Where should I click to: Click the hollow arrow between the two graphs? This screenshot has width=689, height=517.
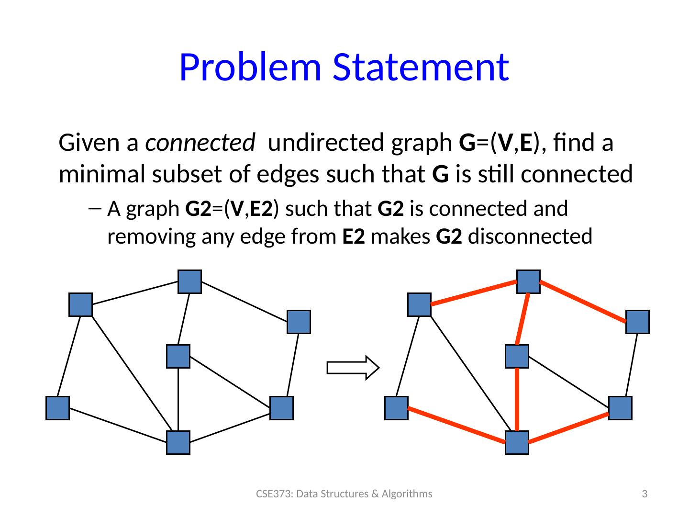point(353,368)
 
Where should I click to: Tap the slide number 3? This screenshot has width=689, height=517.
point(645,494)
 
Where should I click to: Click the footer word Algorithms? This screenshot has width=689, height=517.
point(411,494)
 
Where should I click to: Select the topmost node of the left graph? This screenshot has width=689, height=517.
point(189,281)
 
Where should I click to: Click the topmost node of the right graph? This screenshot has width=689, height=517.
point(528,281)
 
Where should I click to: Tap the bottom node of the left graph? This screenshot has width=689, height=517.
point(178,442)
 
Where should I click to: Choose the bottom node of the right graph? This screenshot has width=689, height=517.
point(517,442)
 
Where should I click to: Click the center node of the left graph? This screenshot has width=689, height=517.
point(178,356)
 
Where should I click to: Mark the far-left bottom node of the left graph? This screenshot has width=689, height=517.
point(57,408)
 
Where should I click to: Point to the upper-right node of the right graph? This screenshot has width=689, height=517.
point(637,322)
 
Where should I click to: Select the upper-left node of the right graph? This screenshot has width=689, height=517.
point(419,304)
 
